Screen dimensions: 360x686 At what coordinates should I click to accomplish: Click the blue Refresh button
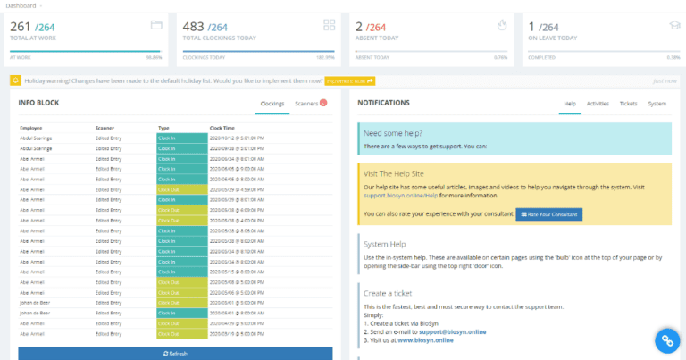175,353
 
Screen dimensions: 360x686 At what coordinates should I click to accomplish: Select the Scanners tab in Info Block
306,104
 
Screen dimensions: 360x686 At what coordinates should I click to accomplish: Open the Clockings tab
272,104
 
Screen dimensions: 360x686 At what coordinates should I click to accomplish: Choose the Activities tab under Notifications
598,104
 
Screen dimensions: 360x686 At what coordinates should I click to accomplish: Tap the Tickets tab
628,104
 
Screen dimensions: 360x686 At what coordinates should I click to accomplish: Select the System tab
657,104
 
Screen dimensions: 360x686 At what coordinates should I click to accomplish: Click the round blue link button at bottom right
666,340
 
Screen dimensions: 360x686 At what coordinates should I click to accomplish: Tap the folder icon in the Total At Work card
155,24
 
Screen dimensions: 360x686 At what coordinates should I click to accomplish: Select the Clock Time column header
222,128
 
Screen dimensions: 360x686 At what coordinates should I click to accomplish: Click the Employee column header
32,128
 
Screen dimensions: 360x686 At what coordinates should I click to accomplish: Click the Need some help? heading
393,132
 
